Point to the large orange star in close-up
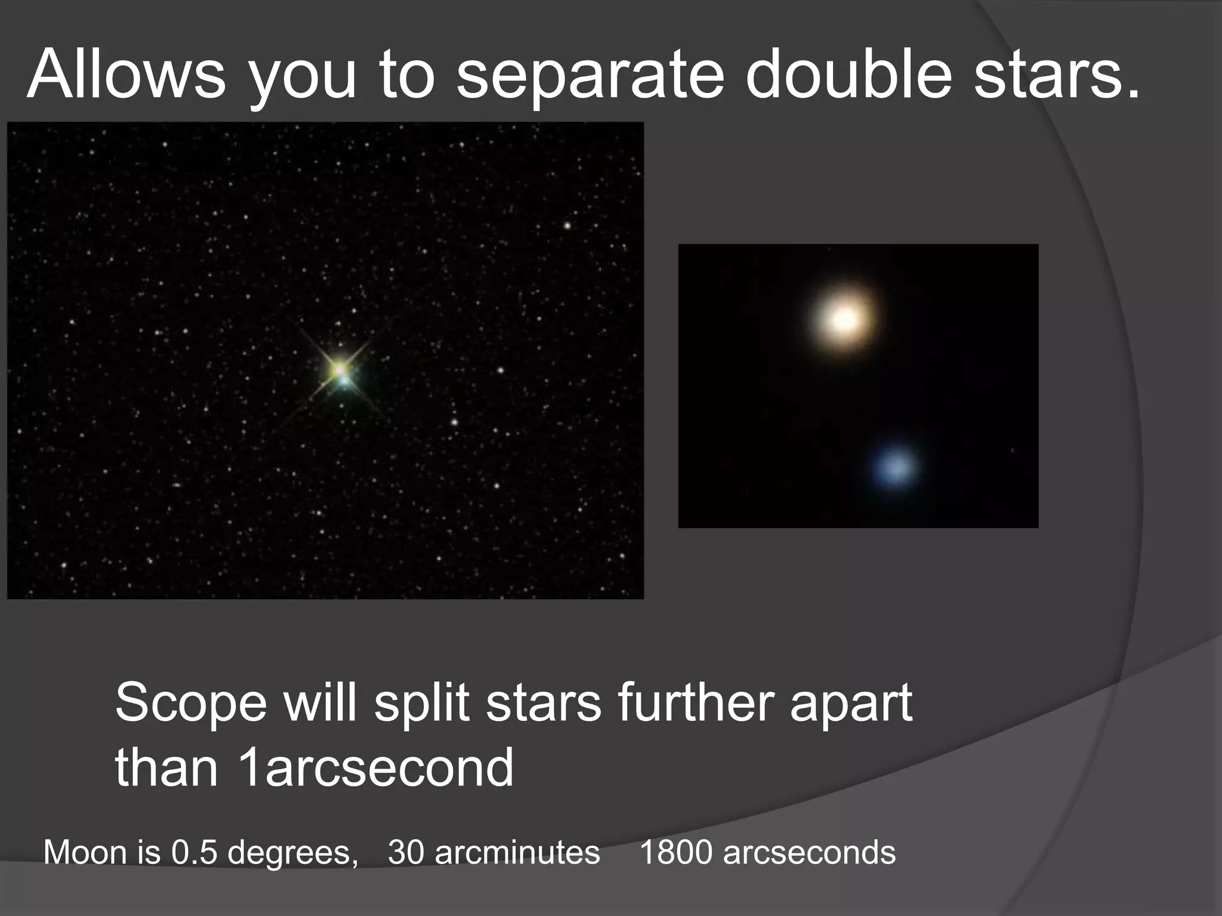pos(844,320)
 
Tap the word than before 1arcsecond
pos(166,768)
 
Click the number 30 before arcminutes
pos(406,852)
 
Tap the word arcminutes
pos(517,852)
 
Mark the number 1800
pos(676,852)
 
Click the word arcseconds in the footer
pos(809,852)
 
